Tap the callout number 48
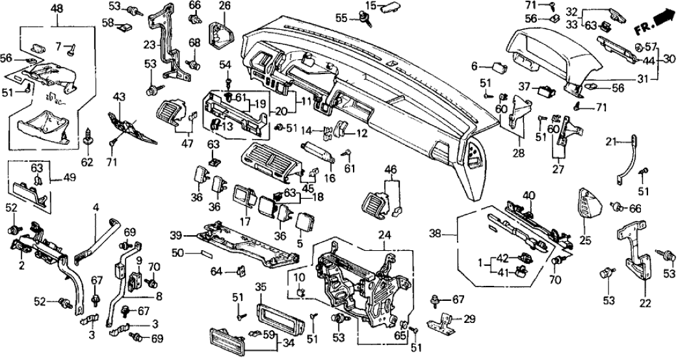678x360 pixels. pos(57,9)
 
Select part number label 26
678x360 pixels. pos(225,6)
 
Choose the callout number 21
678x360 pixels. pos(610,142)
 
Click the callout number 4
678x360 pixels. pos(96,207)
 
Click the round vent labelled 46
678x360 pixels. pos(378,198)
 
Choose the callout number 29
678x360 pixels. pos(469,320)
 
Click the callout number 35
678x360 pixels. pos(261,287)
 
